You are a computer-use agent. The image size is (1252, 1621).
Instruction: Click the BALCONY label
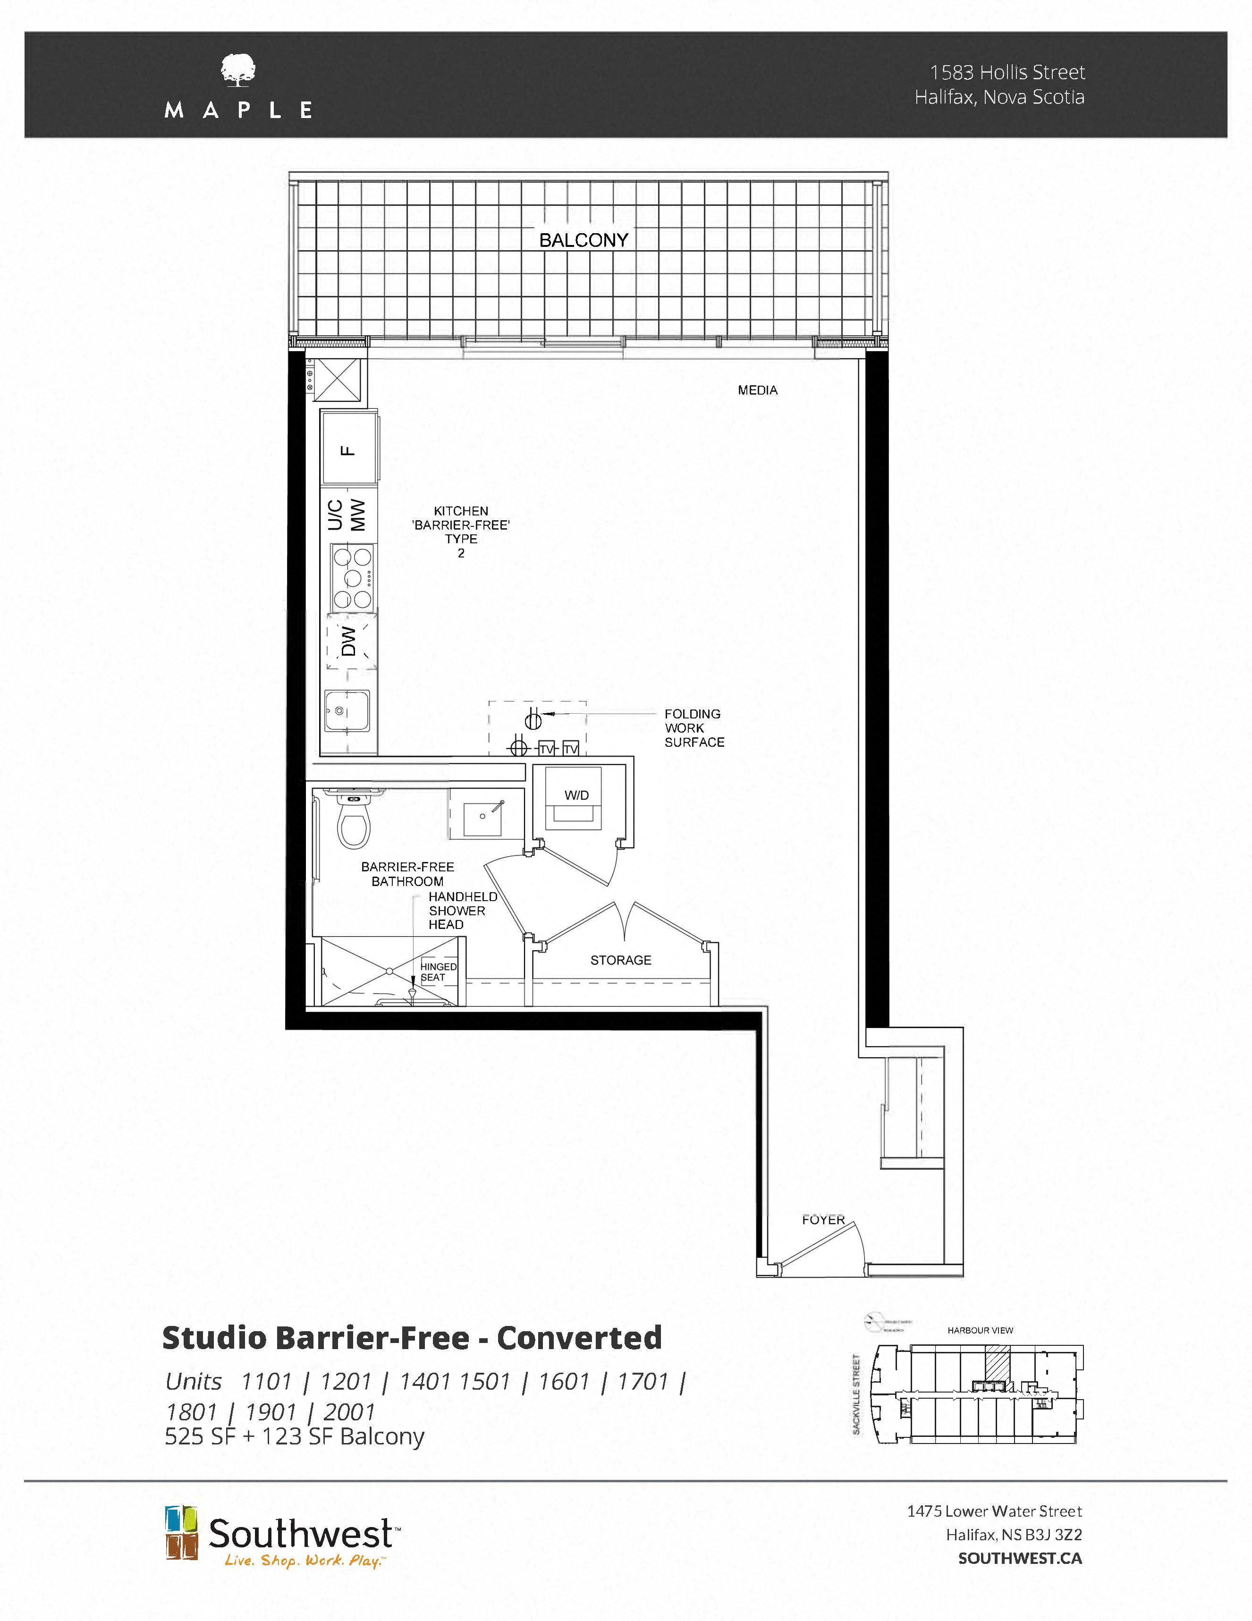(x=584, y=240)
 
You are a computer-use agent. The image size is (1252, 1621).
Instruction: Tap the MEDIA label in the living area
(x=757, y=390)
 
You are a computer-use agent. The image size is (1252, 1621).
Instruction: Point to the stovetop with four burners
(x=352, y=577)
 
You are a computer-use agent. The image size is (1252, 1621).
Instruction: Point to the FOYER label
(x=823, y=1219)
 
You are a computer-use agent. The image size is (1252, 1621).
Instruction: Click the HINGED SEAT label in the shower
(x=438, y=971)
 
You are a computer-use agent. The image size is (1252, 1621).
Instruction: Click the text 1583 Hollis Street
(x=1007, y=72)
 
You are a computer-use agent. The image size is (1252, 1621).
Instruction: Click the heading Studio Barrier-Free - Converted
(x=412, y=1337)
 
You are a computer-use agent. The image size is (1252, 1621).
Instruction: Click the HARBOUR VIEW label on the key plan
(x=980, y=1330)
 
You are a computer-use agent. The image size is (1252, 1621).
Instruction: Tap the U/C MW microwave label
(x=347, y=515)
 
